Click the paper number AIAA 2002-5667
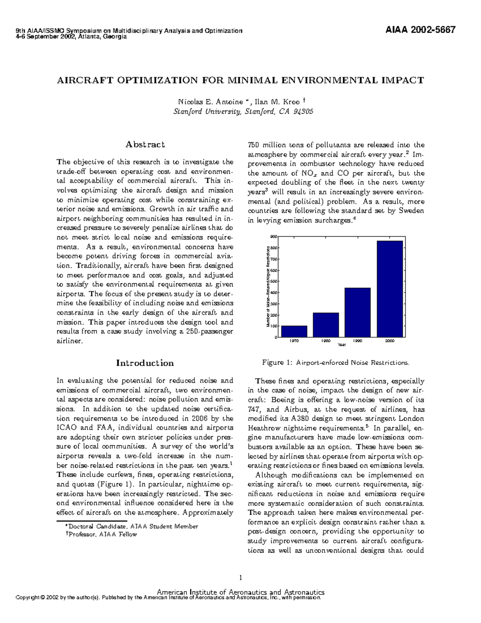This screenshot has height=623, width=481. click(x=420, y=30)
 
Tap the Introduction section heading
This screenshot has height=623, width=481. click(x=145, y=363)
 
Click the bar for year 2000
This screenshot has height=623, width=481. click(x=390, y=289)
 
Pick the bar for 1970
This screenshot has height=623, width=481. click(x=294, y=331)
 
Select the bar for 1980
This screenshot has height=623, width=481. click(x=326, y=325)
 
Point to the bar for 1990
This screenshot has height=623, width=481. click(x=358, y=313)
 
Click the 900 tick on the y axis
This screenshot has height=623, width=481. click(x=274, y=237)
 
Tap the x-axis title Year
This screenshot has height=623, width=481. click(x=342, y=345)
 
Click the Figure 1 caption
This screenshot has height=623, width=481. click(x=336, y=363)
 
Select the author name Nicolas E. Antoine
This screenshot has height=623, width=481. click(x=210, y=102)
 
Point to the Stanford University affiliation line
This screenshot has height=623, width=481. click(x=243, y=112)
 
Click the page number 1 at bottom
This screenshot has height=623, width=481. click(x=240, y=578)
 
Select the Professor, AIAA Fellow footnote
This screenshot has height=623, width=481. click(x=103, y=534)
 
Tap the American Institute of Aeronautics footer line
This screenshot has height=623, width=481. click(x=240, y=592)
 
